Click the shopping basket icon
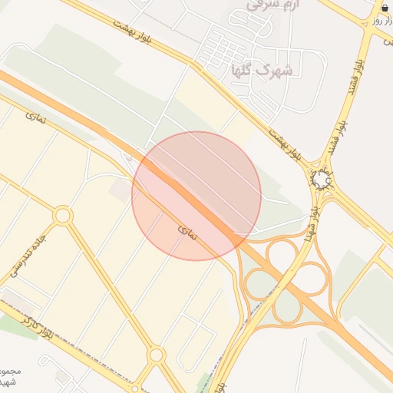click(x=384, y=8)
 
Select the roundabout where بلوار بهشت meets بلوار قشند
click(x=322, y=181)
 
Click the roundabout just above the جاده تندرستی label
click(x=63, y=216)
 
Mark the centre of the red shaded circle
click(x=196, y=196)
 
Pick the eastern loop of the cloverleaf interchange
click(x=310, y=279)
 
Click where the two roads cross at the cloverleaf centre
click(x=285, y=279)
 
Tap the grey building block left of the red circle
click(x=120, y=191)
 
